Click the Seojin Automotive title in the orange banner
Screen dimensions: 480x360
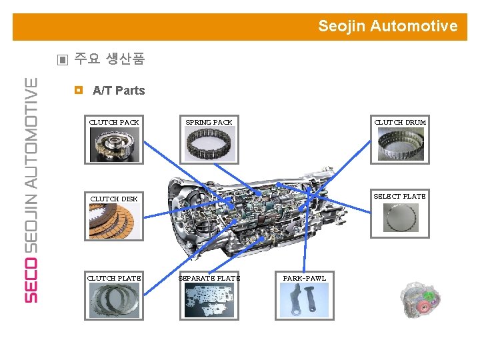pos(387,27)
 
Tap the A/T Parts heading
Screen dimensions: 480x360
pos(119,91)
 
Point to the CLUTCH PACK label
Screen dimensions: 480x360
pos(114,122)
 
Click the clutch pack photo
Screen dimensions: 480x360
pos(115,144)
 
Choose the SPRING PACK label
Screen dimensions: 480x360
pos(209,122)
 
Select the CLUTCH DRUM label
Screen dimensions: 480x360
pos(400,122)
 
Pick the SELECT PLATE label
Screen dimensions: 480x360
pos(399,196)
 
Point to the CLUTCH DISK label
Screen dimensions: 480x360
pos(114,199)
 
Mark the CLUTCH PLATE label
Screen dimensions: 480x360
pos(114,278)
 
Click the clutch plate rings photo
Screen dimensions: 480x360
pos(114,300)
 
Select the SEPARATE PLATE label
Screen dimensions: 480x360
pos(209,278)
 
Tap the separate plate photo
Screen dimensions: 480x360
pos(209,300)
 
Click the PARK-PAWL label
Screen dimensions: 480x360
pos(304,278)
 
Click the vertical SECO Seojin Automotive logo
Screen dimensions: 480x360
pos(31,190)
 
